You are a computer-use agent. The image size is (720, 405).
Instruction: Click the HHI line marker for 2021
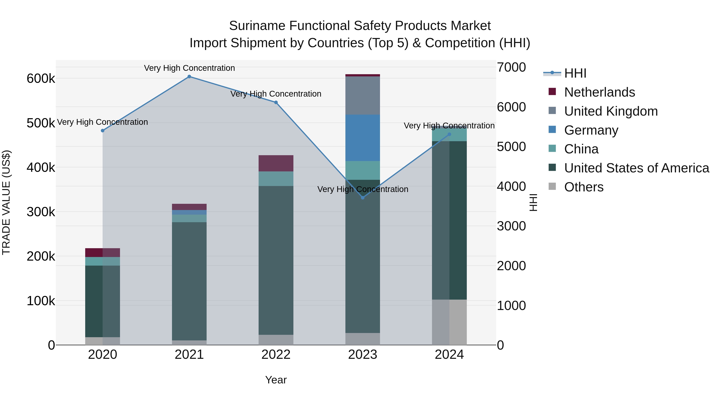(189, 77)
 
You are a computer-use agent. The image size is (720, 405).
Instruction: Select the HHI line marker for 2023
(363, 198)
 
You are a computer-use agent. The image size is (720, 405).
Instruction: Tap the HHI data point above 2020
(103, 131)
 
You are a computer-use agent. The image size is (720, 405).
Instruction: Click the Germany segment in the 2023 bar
(363, 138)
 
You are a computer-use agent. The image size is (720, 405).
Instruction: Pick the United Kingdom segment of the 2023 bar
(363, 95)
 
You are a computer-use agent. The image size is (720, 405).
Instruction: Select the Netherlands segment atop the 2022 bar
(276, 163)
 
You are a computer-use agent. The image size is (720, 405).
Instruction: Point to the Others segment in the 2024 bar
(449, 322)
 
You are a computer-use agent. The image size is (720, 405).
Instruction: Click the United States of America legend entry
(636, 168)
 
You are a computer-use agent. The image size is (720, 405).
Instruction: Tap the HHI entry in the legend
(575, 73)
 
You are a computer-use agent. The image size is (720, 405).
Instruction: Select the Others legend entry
(584, 187)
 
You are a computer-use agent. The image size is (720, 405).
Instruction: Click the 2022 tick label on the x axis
(276, 355)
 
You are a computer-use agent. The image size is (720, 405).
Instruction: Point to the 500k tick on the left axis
(41, 123)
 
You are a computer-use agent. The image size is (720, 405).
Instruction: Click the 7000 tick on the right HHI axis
(511, 67)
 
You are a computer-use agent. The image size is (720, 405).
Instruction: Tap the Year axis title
(276, 380)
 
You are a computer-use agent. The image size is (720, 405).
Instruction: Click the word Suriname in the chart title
(257, 26)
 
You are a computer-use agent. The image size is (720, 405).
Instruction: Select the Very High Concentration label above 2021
(189, 68)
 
